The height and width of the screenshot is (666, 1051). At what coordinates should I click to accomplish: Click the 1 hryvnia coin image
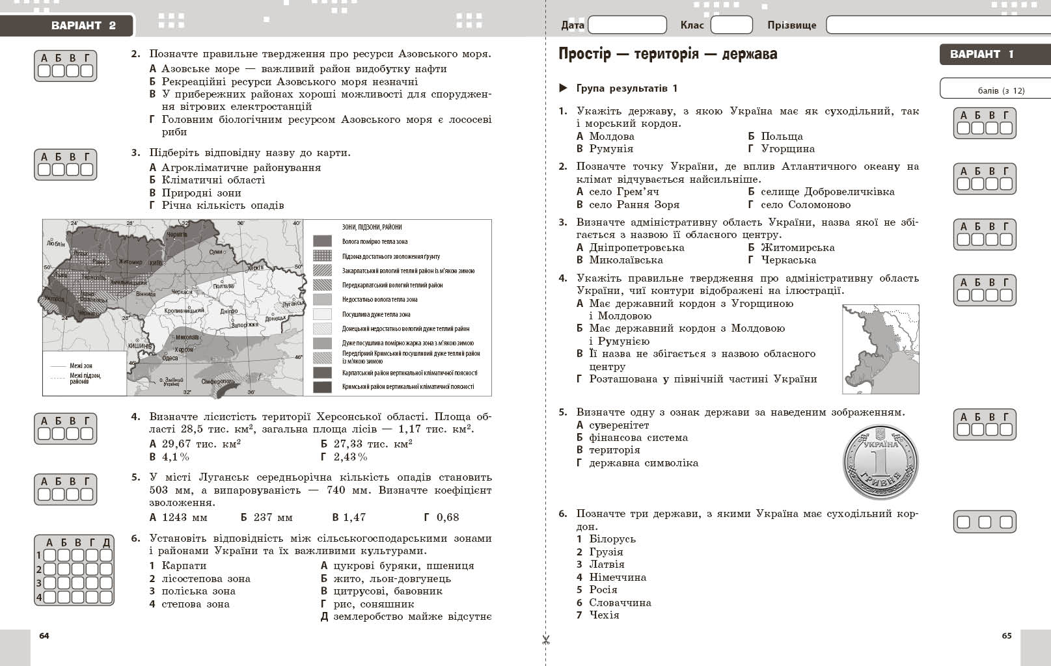click(880, 461)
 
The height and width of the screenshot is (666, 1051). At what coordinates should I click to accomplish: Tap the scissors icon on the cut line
click(546, 639)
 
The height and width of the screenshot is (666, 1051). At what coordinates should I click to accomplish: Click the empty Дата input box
click(627, 25)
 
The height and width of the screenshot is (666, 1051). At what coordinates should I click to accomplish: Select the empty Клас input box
click(731, 25)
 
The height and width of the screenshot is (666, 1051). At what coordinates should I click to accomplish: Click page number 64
click(44, 635)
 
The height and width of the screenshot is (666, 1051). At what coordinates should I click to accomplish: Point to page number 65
click(1007, 635)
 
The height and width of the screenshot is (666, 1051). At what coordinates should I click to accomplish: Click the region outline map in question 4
click(880, 349)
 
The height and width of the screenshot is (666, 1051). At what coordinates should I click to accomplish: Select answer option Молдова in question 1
click(611, 137)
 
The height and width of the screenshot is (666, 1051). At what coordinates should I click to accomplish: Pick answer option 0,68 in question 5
click(447, 518)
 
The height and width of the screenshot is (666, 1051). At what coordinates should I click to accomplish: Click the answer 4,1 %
click(175, 457)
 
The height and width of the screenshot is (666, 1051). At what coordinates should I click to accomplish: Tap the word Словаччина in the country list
click(620, 603)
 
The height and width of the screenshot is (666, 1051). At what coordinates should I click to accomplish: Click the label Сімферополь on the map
click(217, 381)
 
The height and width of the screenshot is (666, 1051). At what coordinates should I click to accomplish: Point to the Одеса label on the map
click(170, 358)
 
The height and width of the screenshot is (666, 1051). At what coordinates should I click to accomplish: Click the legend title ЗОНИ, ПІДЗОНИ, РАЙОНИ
click(372, 227)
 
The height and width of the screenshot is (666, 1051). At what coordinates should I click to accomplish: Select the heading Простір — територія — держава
click(668, 54)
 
